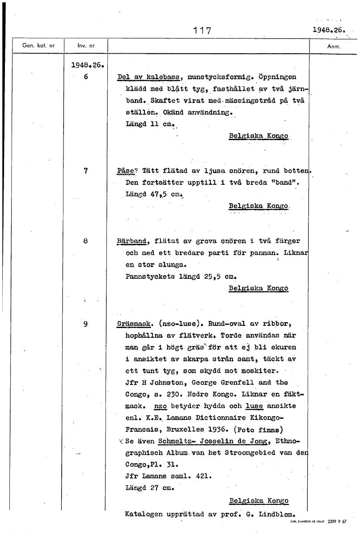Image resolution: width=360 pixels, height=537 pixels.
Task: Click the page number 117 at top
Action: click(202, 30)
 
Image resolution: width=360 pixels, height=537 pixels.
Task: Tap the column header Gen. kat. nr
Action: click(38, 46)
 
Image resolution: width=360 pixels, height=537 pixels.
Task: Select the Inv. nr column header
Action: click(86, 46)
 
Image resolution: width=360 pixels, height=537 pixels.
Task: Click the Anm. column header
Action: click(334, 46)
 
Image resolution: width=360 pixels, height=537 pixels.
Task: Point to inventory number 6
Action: click(85, 77)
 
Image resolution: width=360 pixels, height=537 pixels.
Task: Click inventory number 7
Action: click(85, 170)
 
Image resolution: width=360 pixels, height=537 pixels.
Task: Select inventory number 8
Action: click(85, 241)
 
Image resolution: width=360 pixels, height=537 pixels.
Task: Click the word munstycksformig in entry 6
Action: click(216, 77)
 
